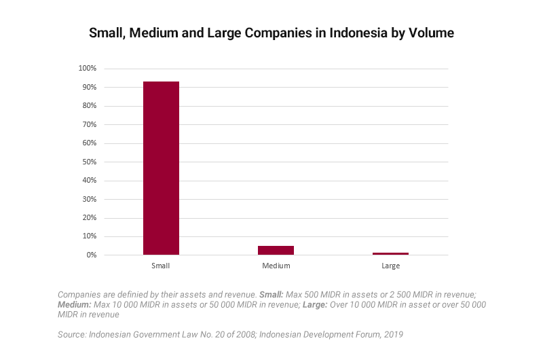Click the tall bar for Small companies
(x=161, y=168)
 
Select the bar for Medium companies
(x=276, y=250)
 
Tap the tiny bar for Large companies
(x=390, y=253)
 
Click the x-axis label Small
(x=161, y=266)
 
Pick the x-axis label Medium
(x=276, y=266)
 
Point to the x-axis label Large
(x=390, y=266)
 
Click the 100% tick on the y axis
(x=88, y=69)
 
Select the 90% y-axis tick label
(x=90, y=88)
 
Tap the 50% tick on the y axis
(x=90, y=162)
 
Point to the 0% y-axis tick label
(x=92, y=255)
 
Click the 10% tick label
(x=90, y=236)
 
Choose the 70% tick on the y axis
(x=90, y=125)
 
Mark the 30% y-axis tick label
(x=90, y=200)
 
